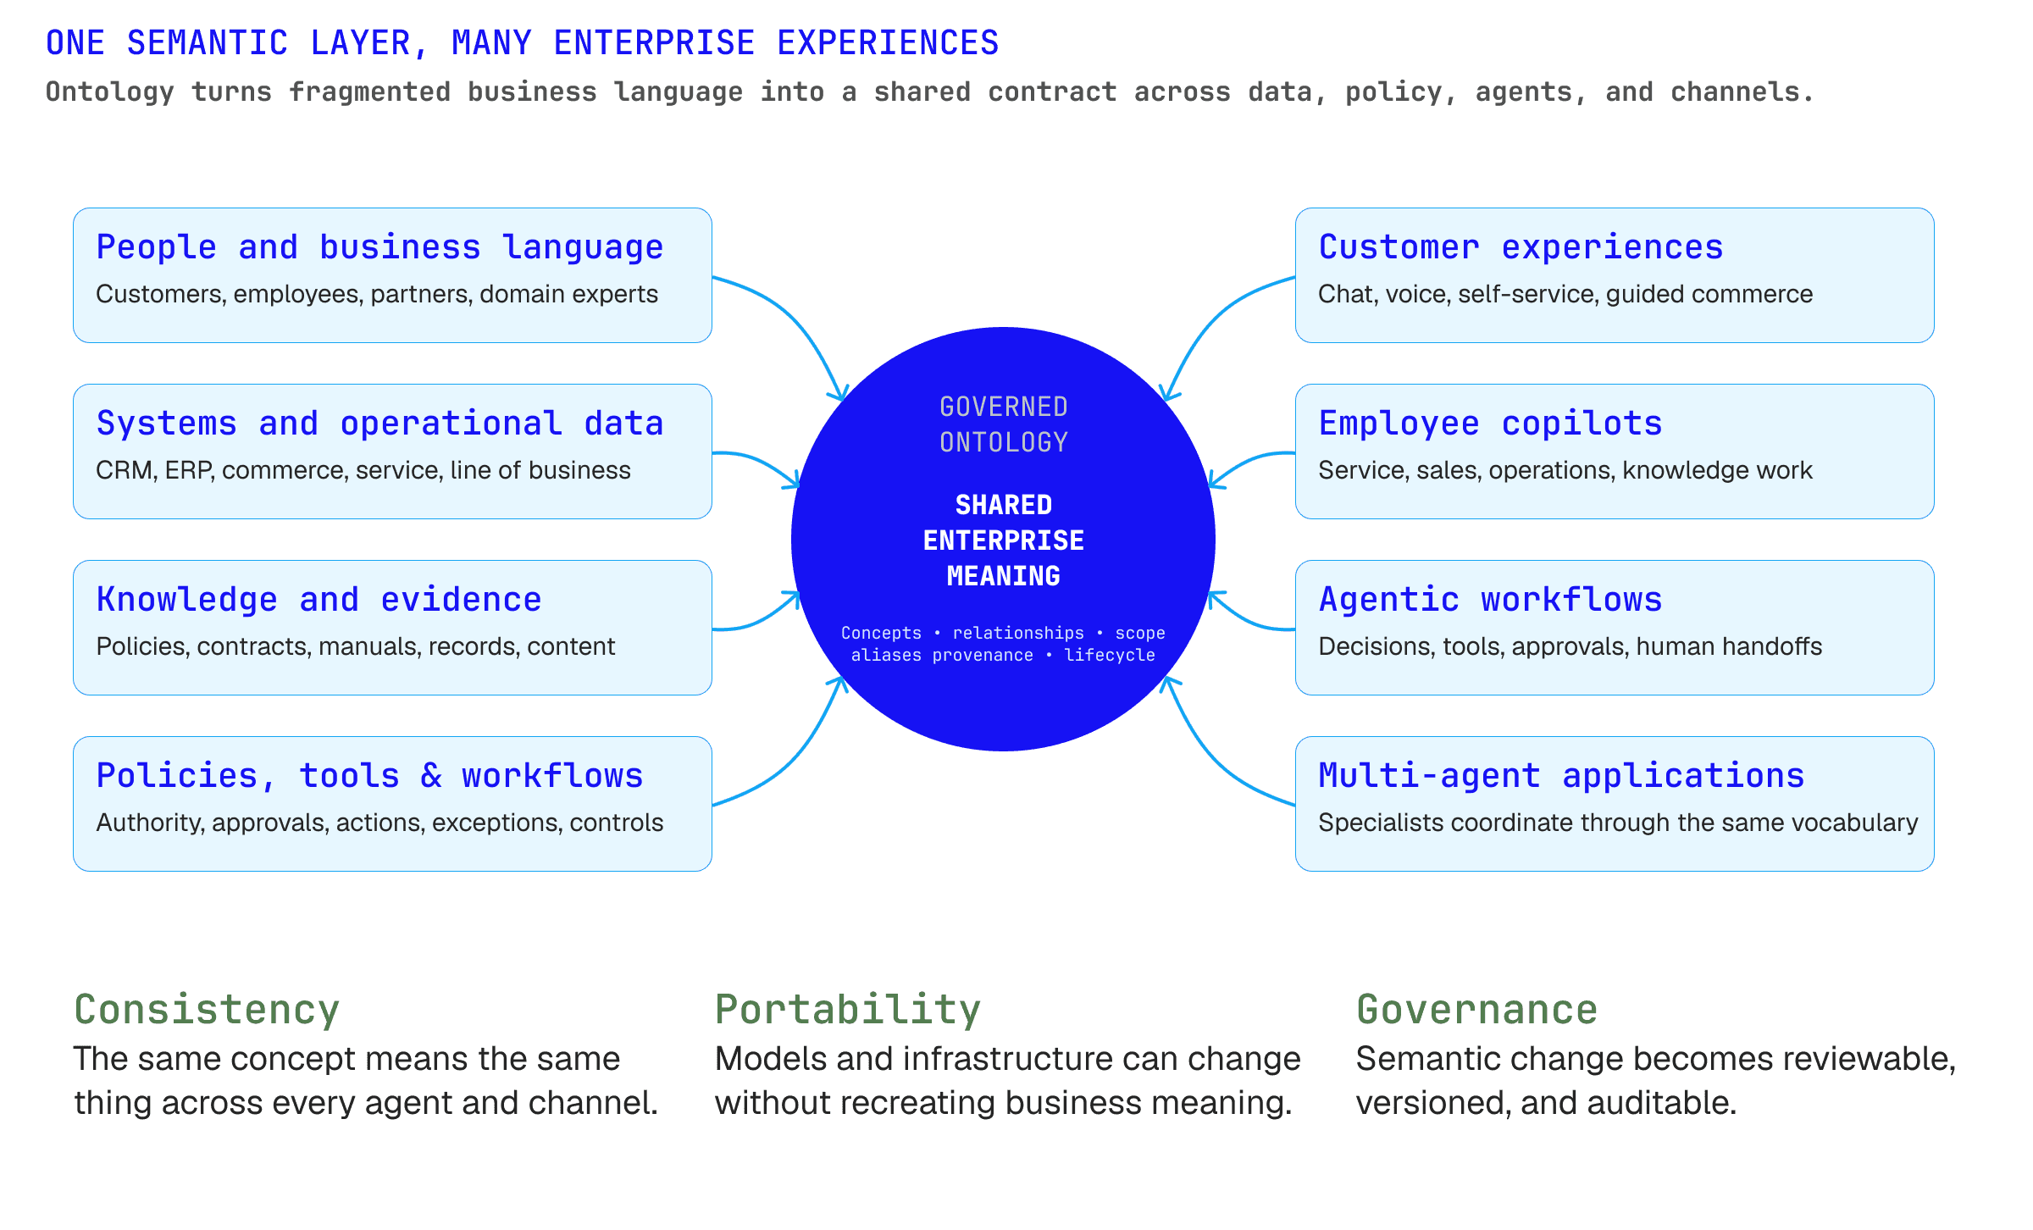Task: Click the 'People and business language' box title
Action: pyautogui.click(x=379, y=247)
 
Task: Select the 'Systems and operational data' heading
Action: pyautogui.click(x=379, y=423)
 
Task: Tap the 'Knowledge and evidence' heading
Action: pyautogui.click(x=319, y=600)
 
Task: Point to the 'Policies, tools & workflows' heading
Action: pyautogui.click(x=369, y=776)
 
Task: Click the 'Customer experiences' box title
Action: pyautogui.click(x=1521, y=247)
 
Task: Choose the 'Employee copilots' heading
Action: pyautogui.click(x=1490, y=424)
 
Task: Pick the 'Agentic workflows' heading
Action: pyautogui.click(x=1490, y=600)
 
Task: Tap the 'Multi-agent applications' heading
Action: pyautogui.click(x=1561, y=776)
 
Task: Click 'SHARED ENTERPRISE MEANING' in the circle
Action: pyautogui.click(x=1003, y=540)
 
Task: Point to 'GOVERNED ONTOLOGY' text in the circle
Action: pyautogui.click(x=1003, y=424)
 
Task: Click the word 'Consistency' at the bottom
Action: pyautogui.click(x=207, y=1010)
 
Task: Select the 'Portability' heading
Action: pyautogui.click(x=848, y=1010)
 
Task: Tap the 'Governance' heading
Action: pyautogui.click(x=1476, y=1010)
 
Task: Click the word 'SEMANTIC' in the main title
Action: pyautogui.click(x=208, y=43)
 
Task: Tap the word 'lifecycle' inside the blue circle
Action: pyautogui.click(x=1110, y=655)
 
